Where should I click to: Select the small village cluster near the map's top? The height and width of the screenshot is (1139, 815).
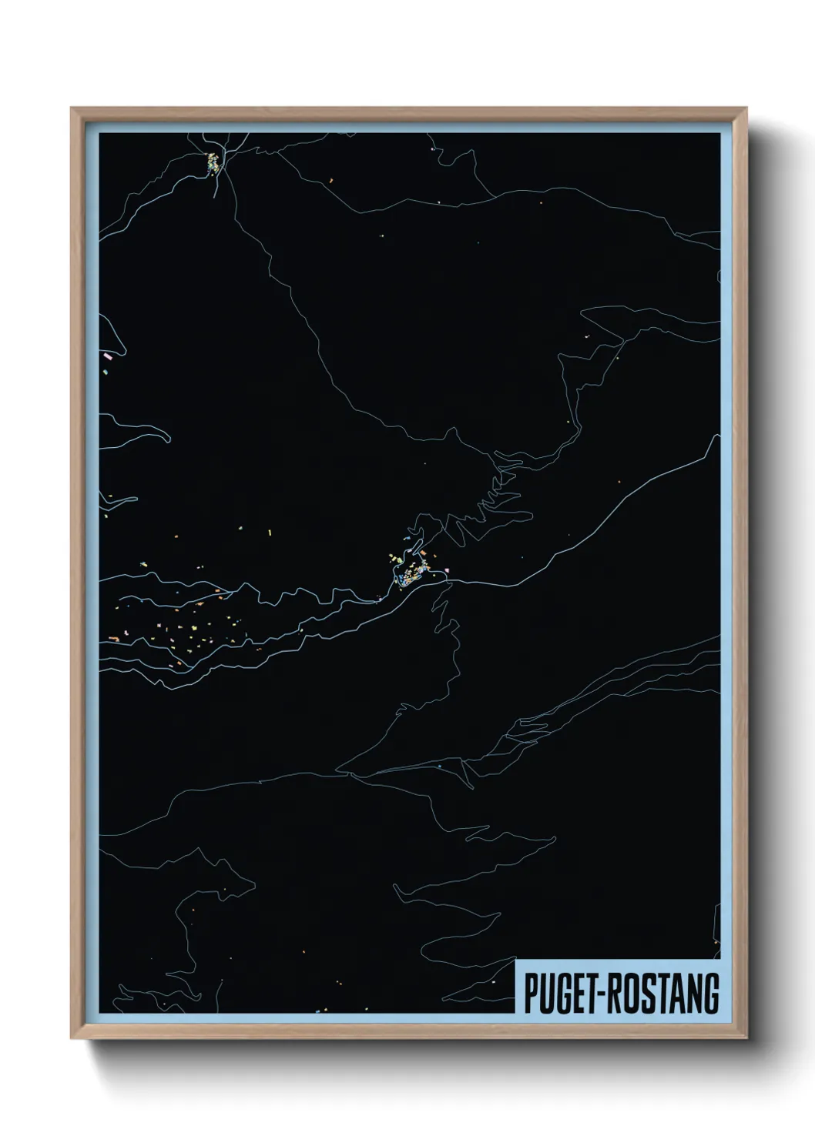(212, 162)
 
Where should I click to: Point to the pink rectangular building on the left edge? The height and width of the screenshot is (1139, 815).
(108, 356)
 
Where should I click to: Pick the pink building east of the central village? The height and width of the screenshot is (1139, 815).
(446, 569)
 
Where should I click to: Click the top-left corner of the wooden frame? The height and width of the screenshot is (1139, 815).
(72, 109)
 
